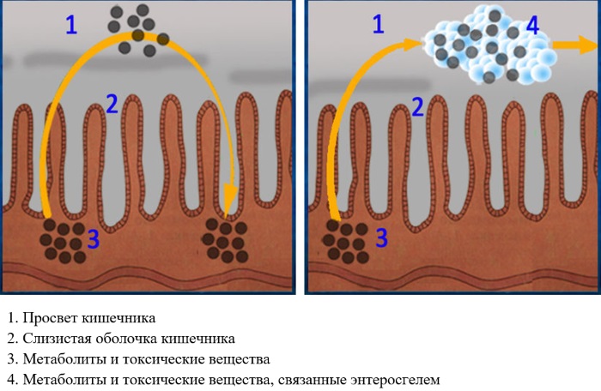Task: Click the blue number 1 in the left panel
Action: click(71, 25)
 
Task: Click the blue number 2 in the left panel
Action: click(112, 104)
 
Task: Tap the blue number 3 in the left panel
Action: click(94, 238)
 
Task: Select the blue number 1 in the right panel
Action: click(379, 24)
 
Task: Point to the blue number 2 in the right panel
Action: click(418, 107)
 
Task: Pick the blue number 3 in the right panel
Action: click(381, 238)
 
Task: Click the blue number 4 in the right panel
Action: click(533, 25)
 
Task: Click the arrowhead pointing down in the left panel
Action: click(229, 200)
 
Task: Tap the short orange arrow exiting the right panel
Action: click(575, 45)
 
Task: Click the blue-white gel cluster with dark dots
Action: click(490, 45)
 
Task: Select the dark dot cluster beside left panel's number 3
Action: click(64, 241)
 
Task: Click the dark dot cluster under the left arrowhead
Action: click(225, 240)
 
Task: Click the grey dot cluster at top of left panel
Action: click(138, 30)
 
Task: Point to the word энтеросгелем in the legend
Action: click(395, 380)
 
